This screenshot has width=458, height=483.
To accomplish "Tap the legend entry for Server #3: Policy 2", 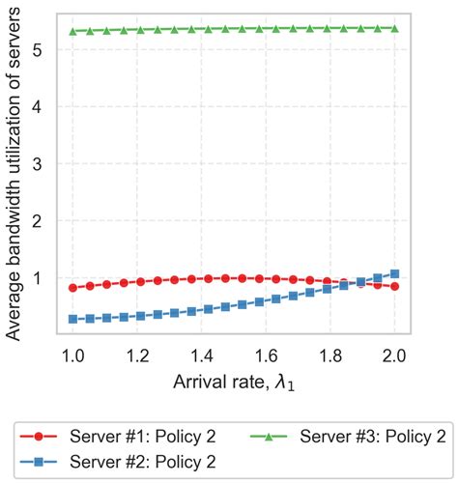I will (355, 435).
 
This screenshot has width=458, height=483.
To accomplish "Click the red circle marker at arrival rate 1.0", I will (73, 288).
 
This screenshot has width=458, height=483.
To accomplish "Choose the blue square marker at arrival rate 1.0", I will (73, 318).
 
